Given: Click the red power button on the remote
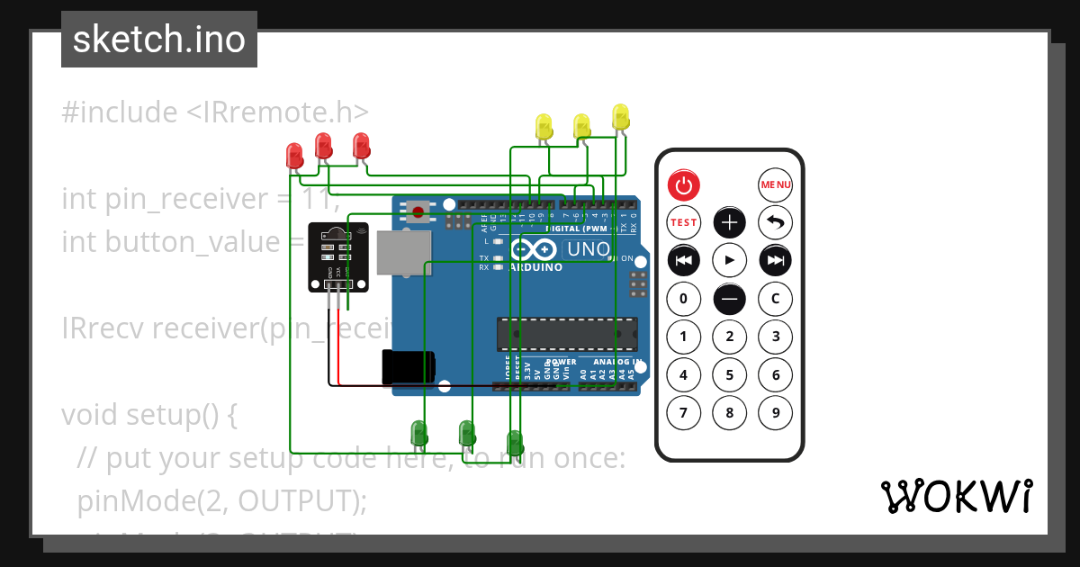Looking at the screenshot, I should pyautogui.click(x=684, y=185).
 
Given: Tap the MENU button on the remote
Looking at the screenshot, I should pyautogui.click(x=775, y=185).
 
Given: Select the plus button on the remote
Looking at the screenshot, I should pyautogui.click(x=730, y=222).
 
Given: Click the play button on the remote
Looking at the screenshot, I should pyautogui.click(x=730, y=260).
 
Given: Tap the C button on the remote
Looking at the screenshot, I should pyautogui.click(x=775, y=298).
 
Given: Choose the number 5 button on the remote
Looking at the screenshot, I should pyautogui.click(x=730, y=375).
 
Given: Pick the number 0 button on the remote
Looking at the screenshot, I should pyautogui.click(x=684, y=298).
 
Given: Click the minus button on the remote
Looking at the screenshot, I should pyautogui.click(x=730, y=298).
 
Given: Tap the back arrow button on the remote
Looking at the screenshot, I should pyautogui.click(x=775, y=222).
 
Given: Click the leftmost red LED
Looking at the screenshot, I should pyautogui.click(x=293, y=157).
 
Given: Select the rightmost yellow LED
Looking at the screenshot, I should pyautogui.click(x=620, y=116).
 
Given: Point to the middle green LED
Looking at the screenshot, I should pyautogui.click(x=466, y=433).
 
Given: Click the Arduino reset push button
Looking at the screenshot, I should pyautogui.click(x=418, y=211).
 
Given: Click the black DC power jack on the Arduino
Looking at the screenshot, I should pyautogui.click(x=407, y=365).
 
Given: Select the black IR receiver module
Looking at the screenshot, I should pyautogui.click(x=337, y=256).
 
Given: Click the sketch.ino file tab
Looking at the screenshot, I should pyautogui.click(x=159, y=40).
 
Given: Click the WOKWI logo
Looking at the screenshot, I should pyautogui.click(x=956, y=496).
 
